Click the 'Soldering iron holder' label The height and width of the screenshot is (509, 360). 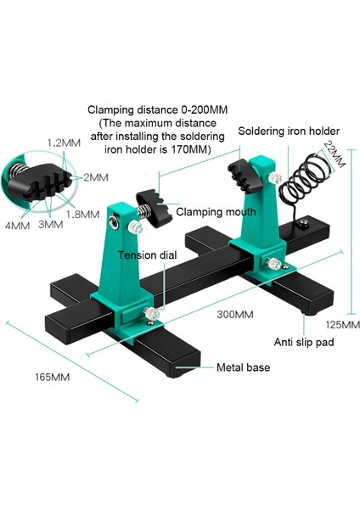pyautogui.click(x=289, y=131)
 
